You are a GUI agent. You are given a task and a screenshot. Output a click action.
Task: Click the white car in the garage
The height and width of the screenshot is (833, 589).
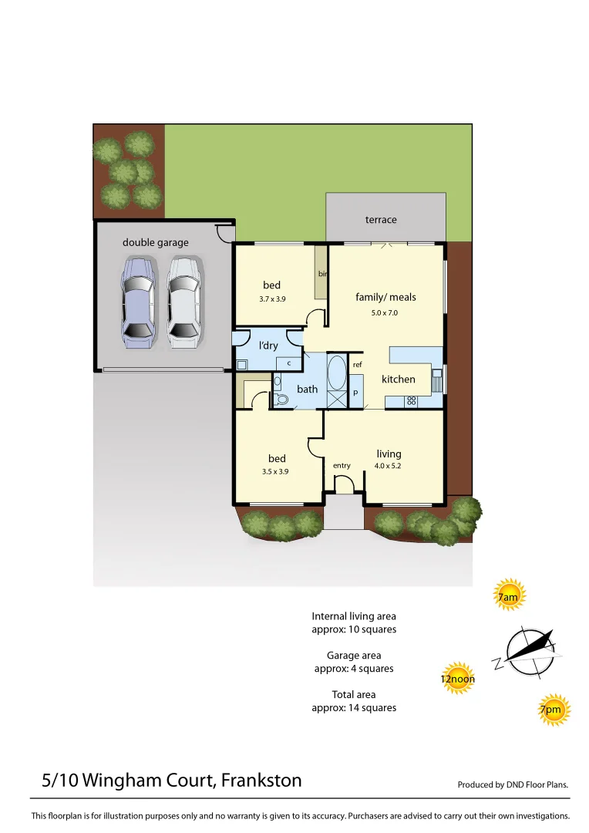click(x=184, y=300)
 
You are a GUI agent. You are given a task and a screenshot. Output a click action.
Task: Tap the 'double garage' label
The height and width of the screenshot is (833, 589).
click(x=155, y=242)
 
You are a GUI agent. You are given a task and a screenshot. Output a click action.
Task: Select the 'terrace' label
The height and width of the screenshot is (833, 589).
click(x=381, y=220)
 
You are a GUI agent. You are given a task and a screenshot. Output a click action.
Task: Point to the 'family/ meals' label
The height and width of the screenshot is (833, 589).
click(x=385, y=297)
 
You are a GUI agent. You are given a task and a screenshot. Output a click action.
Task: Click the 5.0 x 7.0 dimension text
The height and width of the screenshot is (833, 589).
click(x=386, y=313)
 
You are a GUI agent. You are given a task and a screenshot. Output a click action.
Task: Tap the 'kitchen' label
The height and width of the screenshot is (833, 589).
click(x=399, y=379)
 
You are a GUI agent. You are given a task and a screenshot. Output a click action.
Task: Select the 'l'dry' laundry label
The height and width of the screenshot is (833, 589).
click(x=268, y=346)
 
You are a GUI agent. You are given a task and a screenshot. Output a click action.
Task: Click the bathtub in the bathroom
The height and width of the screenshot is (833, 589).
click(x=337, y=373)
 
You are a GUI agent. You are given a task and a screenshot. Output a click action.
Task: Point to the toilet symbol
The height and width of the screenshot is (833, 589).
click(x=281, y=400)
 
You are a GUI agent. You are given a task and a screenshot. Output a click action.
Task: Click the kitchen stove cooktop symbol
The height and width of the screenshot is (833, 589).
click(x=411, y=400)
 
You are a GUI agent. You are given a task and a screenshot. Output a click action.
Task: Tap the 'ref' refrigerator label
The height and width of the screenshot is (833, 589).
click(x=358, y=365)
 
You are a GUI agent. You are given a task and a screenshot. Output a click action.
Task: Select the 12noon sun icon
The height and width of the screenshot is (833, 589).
click(x=458, y=679)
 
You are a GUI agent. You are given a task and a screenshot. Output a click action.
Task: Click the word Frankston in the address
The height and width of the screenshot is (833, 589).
click(x=261, y=780)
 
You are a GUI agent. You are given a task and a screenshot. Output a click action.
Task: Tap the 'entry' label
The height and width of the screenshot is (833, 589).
click(x=342, y=465)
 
